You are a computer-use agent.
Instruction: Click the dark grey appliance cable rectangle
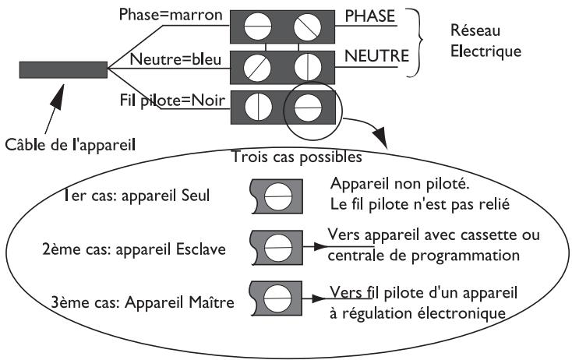pyautogui.click(x=63, y=69)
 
